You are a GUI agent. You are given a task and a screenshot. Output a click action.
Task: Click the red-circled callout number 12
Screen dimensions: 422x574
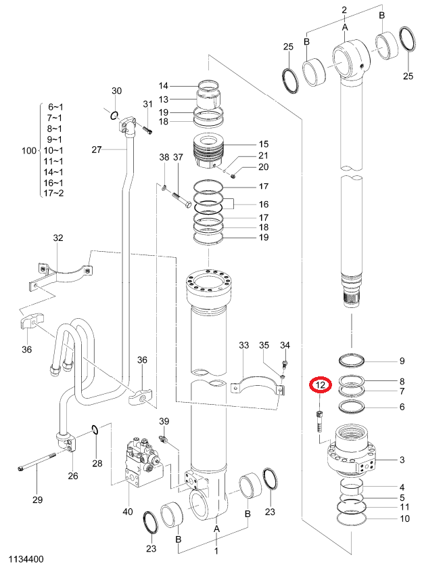tap(321, 385)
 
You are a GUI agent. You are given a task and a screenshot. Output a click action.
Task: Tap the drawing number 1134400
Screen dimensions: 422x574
tap(26, 559)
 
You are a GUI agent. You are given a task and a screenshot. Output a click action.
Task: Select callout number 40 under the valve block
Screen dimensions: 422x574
tap(127, 512)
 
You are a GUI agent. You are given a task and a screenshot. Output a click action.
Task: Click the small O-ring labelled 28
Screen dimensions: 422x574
tap(94, 429)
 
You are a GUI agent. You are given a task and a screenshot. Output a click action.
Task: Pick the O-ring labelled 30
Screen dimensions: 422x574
tap(114, 116)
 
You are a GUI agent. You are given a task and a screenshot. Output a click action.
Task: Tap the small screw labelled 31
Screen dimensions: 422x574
tap(147, 129)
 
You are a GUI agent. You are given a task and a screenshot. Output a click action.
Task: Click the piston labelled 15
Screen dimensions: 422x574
tap(208, 152)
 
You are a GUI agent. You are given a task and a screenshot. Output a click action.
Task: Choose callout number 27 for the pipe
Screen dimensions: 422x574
tap(97, 150)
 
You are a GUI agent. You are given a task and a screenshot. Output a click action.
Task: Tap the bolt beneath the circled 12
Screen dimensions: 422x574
tap(320, 421)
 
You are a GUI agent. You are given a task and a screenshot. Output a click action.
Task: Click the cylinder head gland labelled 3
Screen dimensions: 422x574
tap(352, 449)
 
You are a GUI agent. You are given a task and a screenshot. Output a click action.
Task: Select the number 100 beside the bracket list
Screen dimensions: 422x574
tap(29, 150)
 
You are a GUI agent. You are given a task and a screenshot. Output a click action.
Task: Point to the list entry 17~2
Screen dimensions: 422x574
tap(53, 193)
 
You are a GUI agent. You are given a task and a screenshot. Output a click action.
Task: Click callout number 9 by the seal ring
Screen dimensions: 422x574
tap(402, 361)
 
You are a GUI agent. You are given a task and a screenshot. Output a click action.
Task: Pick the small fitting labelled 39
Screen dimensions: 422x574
tap(164, 438)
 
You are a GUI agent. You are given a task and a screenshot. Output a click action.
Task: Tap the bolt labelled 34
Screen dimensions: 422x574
tap(285, 364)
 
